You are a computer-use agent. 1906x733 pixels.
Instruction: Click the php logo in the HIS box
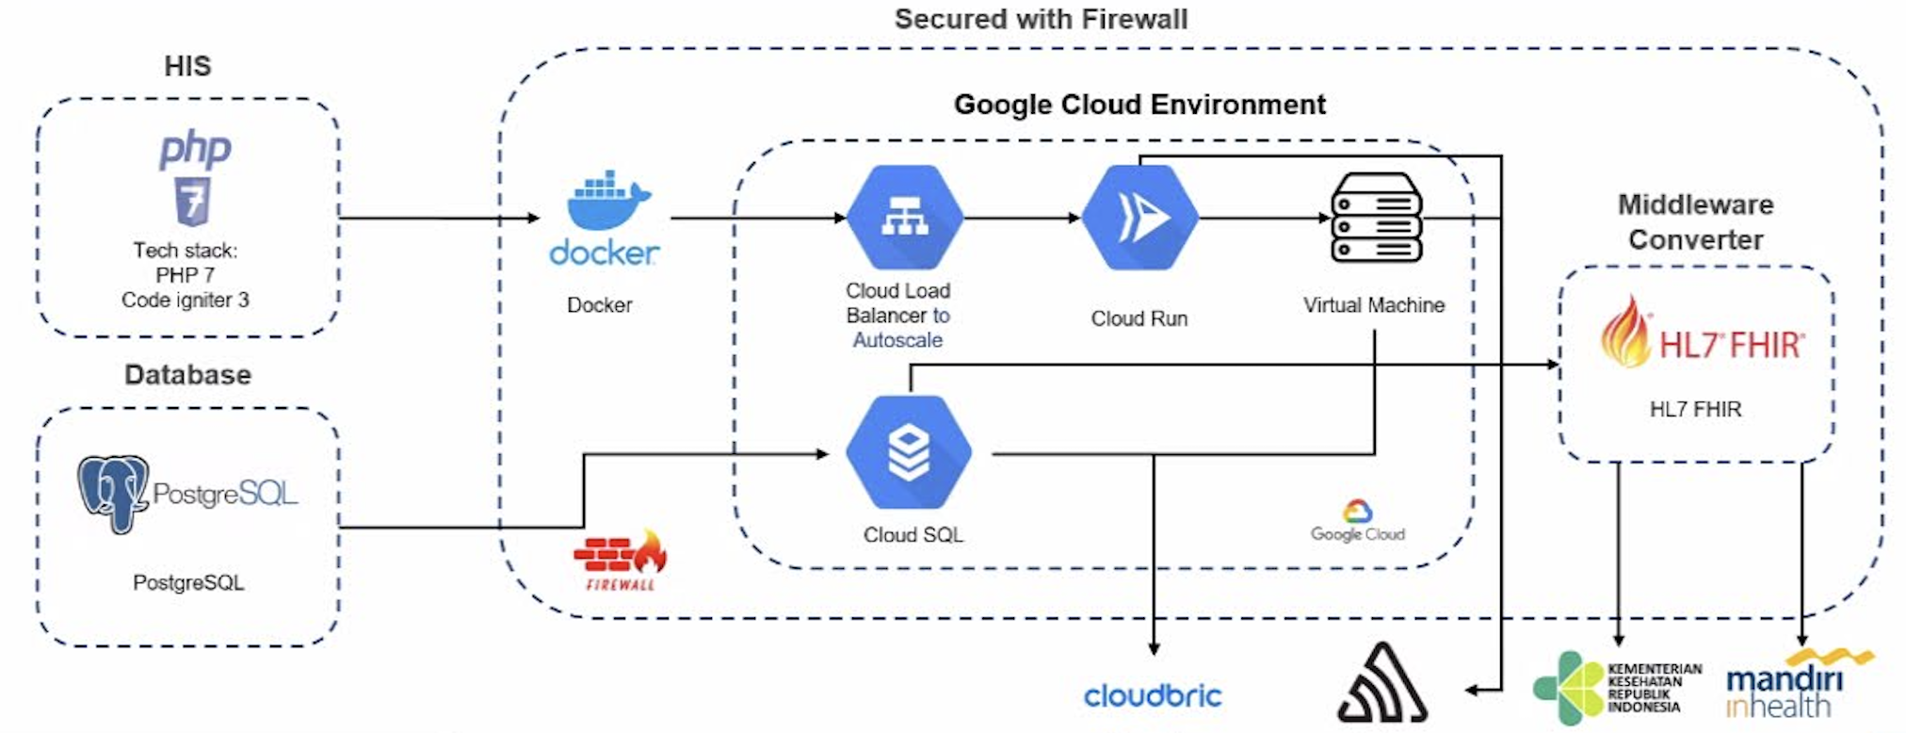point(195,151)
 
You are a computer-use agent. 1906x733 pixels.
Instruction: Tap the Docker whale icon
point(607,201)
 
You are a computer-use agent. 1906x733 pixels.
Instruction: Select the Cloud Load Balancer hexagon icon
point(904,218)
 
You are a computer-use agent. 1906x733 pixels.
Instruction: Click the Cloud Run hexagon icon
point(1139,218)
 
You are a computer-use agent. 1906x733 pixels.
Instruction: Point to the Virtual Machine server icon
point(1376,218)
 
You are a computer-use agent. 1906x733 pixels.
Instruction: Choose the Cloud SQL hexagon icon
point(908,453)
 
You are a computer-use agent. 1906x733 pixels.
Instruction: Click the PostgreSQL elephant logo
point(113,493)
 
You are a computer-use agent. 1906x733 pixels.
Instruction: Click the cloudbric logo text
point(1153,696)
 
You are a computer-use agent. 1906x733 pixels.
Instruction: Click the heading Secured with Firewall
point(1041,19)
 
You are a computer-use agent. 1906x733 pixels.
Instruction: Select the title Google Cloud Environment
point(1139,105)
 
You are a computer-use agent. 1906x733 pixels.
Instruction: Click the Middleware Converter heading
point(1695,222)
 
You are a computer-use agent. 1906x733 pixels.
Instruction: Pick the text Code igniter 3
point(186,300)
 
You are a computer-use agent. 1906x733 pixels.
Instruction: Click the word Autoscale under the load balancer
point(896,340)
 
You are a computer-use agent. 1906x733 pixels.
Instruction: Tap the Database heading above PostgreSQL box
point(187,375)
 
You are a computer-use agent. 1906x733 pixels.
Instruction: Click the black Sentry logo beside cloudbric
point(1382,684)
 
